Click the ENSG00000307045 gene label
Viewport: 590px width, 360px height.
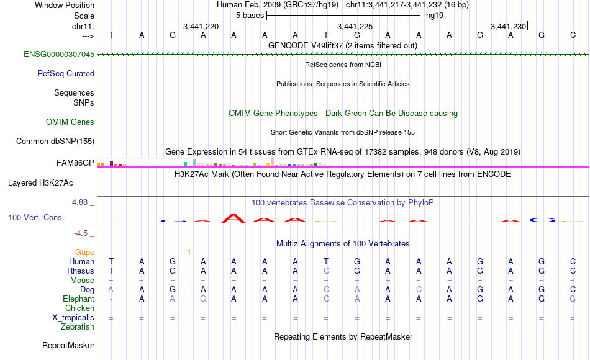pos(59,54)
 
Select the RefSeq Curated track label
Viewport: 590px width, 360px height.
pos(66,73)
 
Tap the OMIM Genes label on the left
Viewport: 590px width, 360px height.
pos(70,122)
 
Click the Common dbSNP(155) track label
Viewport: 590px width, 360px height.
pos(55,141)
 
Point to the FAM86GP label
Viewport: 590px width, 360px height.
pos(75,163)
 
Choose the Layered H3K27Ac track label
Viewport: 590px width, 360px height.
pos(40,183)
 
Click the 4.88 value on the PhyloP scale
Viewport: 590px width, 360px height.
pos(79,202)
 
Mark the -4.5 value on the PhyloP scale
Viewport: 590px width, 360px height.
pos(81,233)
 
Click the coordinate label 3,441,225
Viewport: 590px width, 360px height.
pos(355,26)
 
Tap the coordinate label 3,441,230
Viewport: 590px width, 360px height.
pos(509,26)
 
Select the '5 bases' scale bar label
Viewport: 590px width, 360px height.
pos(250,16)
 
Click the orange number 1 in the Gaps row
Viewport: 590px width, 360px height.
pos(189,253)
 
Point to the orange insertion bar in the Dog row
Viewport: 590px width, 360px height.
pos(189,289)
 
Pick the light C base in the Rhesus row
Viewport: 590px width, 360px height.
pos(326,271)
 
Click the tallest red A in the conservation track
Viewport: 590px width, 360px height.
pos(234,218)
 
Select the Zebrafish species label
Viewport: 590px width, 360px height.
pos(78,327)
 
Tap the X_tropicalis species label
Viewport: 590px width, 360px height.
pos(73,318)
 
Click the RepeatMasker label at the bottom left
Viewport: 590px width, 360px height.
pos(68,345)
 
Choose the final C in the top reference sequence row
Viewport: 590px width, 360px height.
pos(573,35)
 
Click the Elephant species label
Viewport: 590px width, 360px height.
pos(79,299)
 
